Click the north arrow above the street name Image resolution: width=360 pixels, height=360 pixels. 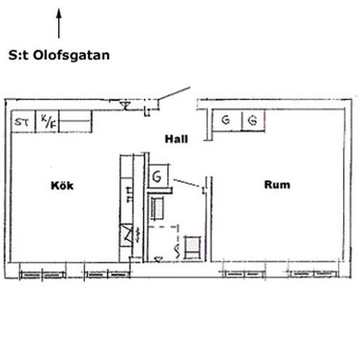click(59, 24)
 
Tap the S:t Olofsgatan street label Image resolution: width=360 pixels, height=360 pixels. click(59, 56)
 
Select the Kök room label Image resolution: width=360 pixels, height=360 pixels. click(62, 185)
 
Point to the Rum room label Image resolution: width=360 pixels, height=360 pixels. click(277, 185)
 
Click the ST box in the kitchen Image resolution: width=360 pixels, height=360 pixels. click(23, 121)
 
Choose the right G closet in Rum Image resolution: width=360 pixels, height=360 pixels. click(252, 120)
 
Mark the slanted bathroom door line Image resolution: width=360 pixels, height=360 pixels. click(189, 183)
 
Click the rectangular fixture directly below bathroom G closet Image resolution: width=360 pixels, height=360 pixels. click(158, 209)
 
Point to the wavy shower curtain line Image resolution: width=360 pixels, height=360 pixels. click(177, 247)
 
